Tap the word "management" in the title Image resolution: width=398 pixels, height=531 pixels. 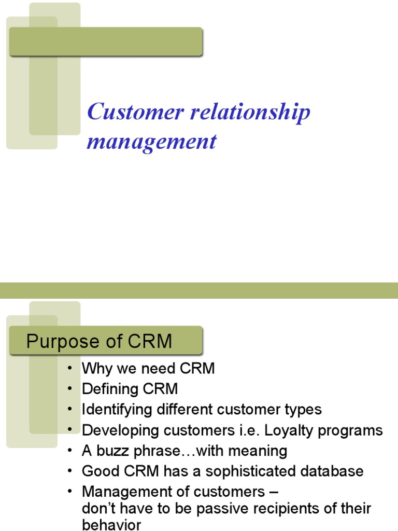pos(151,141)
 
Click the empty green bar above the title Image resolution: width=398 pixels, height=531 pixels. pos(106,42)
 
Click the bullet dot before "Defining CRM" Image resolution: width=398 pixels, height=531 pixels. pos(70,389)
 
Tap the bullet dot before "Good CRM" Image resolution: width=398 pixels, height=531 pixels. pos(70,471)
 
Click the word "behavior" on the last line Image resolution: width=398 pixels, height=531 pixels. pos(111,525)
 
